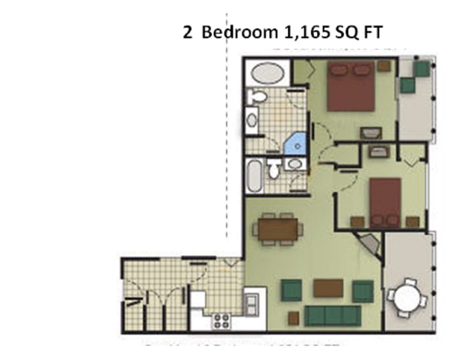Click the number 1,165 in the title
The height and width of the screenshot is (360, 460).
302,33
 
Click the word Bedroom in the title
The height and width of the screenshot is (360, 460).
239,33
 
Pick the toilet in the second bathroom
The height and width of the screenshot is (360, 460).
274,169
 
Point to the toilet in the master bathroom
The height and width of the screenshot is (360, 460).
257,97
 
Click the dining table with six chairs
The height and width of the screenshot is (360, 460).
278,230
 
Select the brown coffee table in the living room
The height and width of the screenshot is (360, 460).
328,288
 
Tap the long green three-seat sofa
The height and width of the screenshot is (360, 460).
333,315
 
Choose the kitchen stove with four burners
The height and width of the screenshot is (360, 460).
221,321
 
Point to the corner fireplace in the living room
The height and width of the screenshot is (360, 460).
370,244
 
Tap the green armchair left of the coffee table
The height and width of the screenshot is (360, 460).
291,290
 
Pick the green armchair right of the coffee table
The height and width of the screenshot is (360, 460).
363,291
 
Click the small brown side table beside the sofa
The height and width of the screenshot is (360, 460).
293,318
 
